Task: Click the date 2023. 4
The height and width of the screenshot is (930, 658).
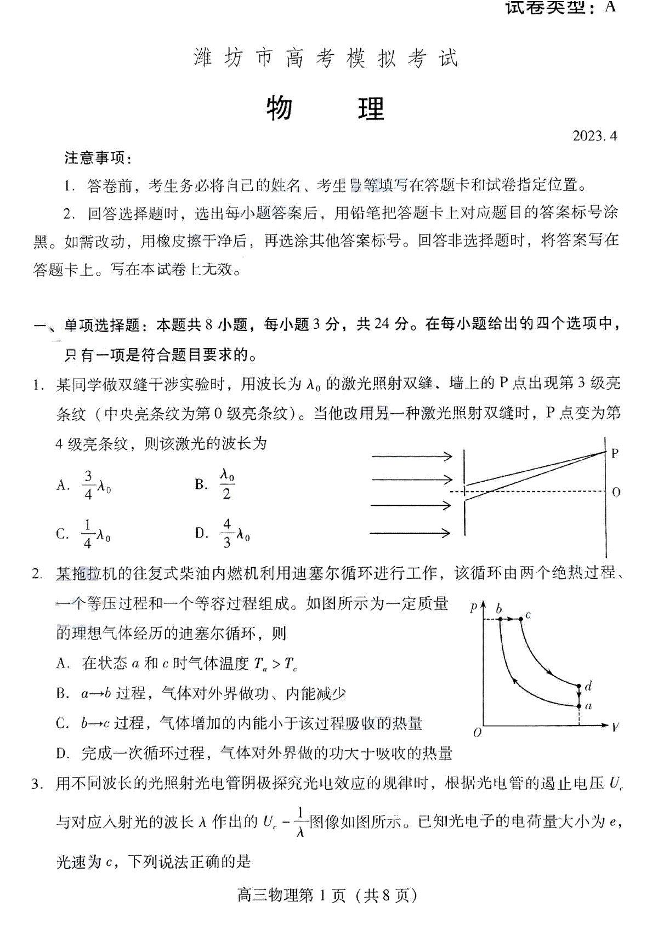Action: click(x=594, y=136)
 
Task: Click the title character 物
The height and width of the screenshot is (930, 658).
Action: click(x=279, y=109)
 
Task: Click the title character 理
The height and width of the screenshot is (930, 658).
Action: click(x=371, y=109)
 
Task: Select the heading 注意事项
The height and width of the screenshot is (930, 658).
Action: click(x=98, y=158)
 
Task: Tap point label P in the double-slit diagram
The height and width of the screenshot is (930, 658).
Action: click(x=615, y=453)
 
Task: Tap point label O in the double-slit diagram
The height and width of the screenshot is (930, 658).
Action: click(x=616, y=492)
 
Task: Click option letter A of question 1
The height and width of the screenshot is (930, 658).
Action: click(x=63, y=485)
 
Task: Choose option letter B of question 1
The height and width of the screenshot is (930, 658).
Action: click(x=201, y=484)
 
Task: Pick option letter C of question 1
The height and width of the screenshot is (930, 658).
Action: click(x=63, y=534)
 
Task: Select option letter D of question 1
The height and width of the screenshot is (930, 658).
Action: click(x=201, y=533)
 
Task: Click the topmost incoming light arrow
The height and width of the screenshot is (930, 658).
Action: click(x=412, y=456)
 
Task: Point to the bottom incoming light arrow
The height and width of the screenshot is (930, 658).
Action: click(x=410, y=532)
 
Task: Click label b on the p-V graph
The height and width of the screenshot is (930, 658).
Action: click(x=498, y=608)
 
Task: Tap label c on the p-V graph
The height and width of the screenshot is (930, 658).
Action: click(x=528, y=615)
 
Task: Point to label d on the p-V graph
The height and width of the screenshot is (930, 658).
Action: click(x=588, y=686)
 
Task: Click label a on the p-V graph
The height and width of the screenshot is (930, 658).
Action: click(x=588, y=706)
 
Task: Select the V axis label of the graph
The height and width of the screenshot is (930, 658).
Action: click(x=615, y=727)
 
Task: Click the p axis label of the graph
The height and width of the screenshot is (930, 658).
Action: click(x=474, y=607)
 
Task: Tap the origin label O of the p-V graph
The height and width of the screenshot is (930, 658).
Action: click(x=477, y=733)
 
